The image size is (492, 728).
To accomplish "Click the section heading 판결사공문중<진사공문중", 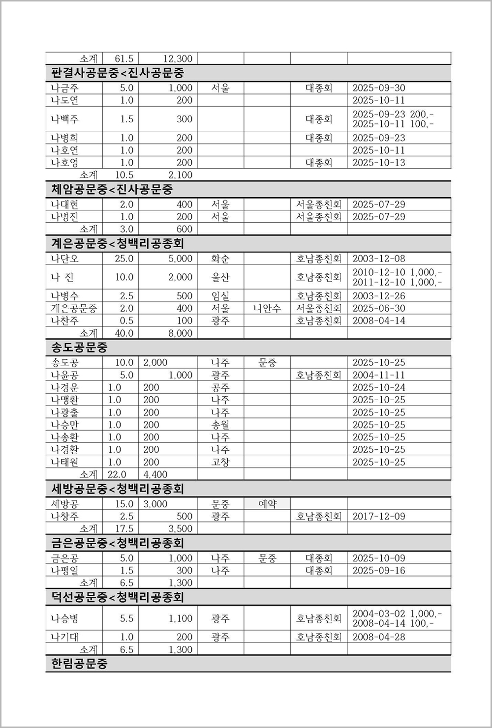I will (118, 73).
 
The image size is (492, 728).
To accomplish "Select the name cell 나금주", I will (65, 88).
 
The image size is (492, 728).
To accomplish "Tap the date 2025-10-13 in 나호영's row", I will (379, 163).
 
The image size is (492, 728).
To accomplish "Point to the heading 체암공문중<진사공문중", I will (112, 190).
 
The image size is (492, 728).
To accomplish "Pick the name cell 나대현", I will (65, 204).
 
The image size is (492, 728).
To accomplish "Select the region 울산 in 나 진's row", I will (220, 277).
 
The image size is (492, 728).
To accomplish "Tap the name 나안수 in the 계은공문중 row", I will (267, 308).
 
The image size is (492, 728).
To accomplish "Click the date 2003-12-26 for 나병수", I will (379, 296).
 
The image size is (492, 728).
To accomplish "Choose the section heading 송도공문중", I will (79, 348).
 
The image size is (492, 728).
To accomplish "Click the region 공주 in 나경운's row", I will (220, 387).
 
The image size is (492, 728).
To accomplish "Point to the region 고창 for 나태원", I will (220, 462).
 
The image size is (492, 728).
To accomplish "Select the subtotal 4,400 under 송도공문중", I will (155, 474).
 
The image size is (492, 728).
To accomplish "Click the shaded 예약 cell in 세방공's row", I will (267, 504).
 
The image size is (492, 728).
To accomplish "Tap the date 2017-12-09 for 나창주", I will (379, 516).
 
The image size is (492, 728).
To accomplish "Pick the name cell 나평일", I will (65, 571).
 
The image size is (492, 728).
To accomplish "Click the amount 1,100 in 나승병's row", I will (180, 618).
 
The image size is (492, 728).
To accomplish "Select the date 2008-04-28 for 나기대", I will (379, 637).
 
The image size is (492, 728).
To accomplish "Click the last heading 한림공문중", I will (79, 664).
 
